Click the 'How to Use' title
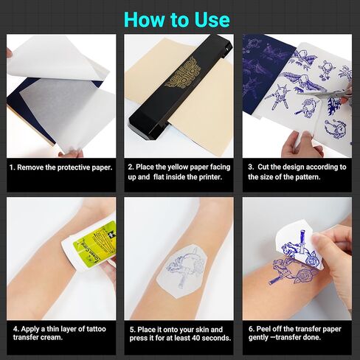177,19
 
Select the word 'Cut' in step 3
263,167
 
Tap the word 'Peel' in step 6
263,329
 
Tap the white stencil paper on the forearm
180,271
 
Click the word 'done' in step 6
312,337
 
